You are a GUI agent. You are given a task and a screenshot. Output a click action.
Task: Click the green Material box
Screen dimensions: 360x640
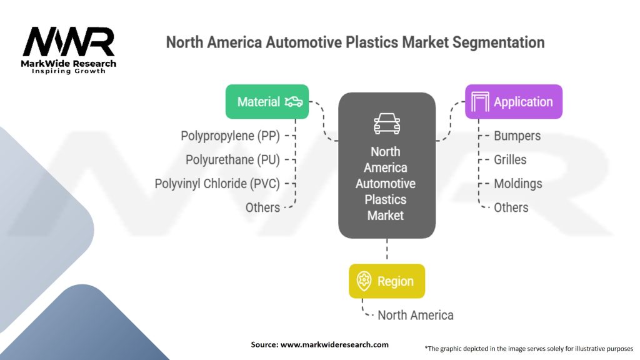[x=267, y=101]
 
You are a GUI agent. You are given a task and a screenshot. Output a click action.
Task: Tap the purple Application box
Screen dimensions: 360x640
[x=514, y=101]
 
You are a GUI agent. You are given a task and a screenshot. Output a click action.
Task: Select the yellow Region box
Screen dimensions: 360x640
[x=386, y=281]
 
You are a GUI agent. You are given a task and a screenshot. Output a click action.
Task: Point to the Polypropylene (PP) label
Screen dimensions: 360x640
[x=230, y=136]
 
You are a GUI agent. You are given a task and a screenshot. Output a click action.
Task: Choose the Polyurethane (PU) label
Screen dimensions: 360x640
[x=232, y=159]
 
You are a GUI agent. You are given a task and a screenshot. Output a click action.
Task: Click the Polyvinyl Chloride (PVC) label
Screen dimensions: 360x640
[x=217, y=184]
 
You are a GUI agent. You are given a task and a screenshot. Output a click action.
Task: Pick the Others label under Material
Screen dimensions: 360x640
[x=262, y=207]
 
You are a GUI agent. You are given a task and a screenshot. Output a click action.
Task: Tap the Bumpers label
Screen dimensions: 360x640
[x=517, y=136]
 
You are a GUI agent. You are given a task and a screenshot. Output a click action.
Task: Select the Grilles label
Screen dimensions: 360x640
[x=510, y=159]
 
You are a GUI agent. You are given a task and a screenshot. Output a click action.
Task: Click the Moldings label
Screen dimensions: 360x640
[x=517, y=184]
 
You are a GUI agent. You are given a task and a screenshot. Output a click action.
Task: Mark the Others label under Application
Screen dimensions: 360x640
[x=511, y=207]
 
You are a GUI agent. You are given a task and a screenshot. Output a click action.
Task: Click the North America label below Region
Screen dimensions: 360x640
[x=415, y=315]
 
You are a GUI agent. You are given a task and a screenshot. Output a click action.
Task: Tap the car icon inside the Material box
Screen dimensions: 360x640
[x=293, y=101]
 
